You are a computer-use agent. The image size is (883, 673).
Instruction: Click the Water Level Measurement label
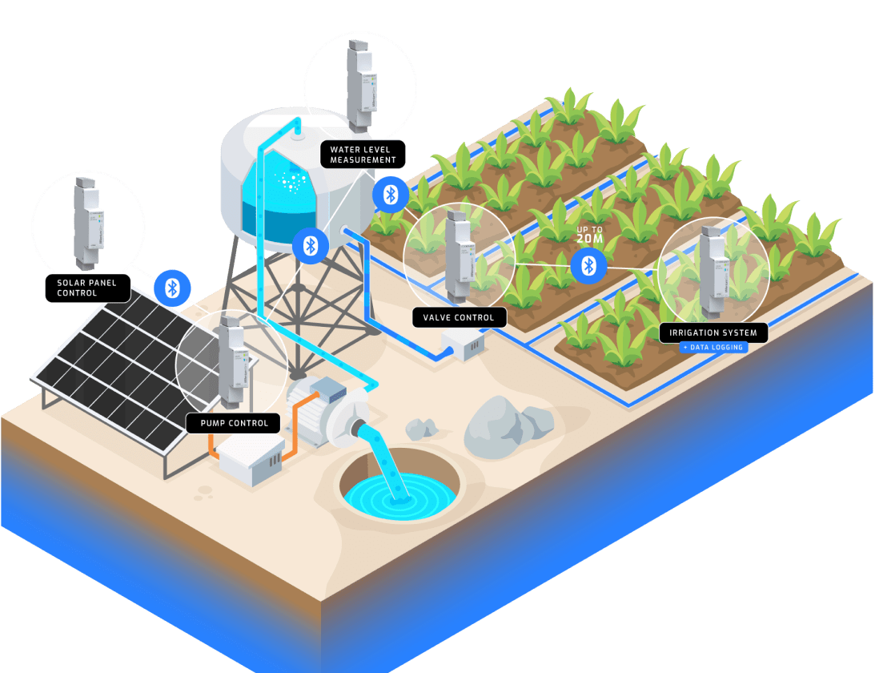(x=363, y=154)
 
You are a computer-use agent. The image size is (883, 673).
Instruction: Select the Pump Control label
(x=233, y=422)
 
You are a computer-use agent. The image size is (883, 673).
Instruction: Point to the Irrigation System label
(x=712, y=332)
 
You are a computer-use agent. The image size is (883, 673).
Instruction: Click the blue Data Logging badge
(x=713, y=347)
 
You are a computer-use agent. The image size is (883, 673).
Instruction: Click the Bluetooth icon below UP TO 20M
(x=588, y=265)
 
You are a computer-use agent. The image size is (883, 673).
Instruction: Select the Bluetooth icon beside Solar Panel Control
(x=171, y=288)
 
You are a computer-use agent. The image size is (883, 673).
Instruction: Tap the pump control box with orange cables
(x=251, y=460)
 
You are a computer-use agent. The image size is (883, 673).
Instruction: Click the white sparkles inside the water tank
(x=289, y=180)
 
